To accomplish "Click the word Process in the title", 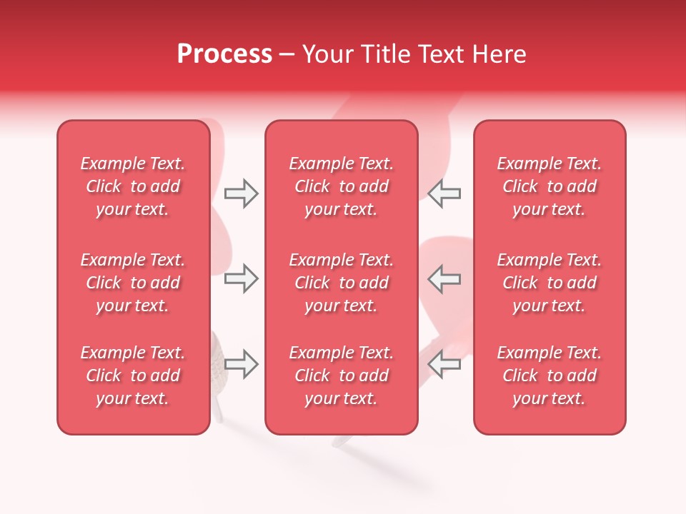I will click(x=224, y=54).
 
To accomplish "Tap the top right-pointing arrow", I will click(x=241, y=193).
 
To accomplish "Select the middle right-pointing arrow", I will click(x=241, y=278).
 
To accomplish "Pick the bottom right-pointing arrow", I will click(x=241, y=364).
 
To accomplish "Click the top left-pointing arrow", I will click(x=444, y=193).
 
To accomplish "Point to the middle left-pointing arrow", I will click(x=444, y=278).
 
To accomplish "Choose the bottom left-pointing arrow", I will click(x=444, y=364).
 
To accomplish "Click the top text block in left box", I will click(x=133, y=186).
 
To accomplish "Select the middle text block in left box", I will click(x=133, y=283).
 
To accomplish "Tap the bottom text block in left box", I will click(x=133, y=376).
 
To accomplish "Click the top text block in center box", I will click(x=341, y=186).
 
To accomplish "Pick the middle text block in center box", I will click(x=341, y=283).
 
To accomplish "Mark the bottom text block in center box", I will click(x=341, y=376).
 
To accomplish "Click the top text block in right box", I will click(x=549, y=186).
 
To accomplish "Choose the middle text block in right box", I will click(x=549, y=283).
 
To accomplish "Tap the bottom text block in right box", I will click(x=549, y=376).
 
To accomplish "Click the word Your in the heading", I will click(x=327, y=54).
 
